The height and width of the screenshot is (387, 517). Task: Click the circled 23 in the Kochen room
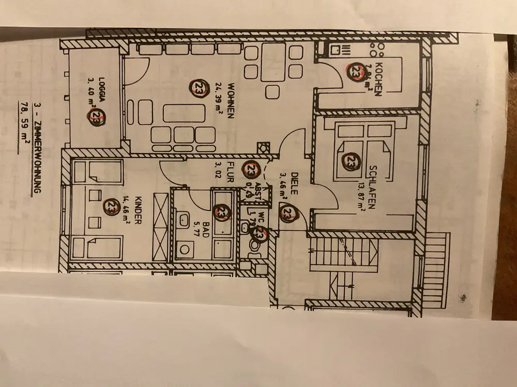(356, 71)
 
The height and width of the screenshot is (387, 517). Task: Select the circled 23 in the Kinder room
(111, 206)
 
